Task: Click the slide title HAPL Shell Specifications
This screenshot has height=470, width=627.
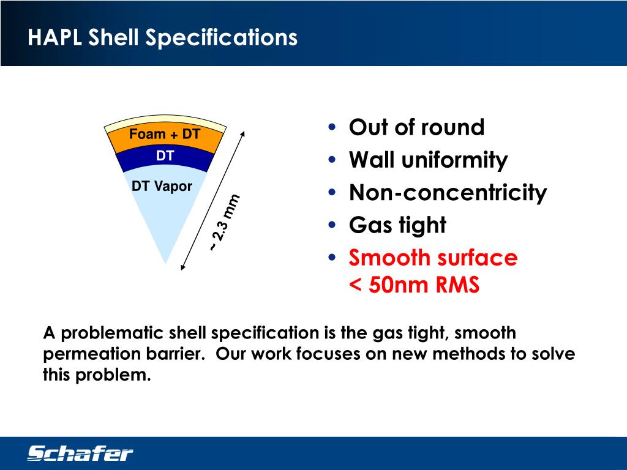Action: tap(162, 37)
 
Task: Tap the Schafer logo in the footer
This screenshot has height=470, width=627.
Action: tap(80, 453)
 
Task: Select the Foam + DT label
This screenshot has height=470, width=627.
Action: tap(165, 134)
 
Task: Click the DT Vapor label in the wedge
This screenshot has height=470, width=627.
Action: tap(162, 187)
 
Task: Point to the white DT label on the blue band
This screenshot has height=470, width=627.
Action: tap(165, 156)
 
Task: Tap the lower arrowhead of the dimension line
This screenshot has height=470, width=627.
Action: tap(183, 267)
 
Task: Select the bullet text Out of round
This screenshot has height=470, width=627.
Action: tap(416, 127)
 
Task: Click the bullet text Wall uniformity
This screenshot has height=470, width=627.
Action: tap(428, 160)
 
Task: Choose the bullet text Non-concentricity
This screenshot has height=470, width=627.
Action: tap(448, 193)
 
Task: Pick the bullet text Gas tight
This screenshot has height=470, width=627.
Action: tap(397, 225)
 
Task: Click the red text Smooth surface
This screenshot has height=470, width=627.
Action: tap(433, 258)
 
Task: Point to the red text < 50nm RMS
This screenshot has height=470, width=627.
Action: tap(414, 285)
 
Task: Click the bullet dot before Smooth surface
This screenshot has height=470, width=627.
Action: tap(332, 258)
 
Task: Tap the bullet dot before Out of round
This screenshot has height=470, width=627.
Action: tap(332, 127)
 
